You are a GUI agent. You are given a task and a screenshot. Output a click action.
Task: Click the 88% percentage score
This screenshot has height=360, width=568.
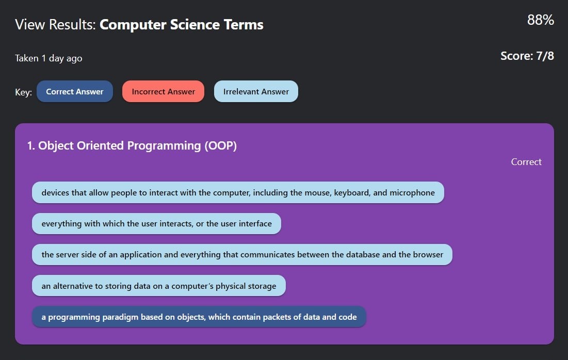541,20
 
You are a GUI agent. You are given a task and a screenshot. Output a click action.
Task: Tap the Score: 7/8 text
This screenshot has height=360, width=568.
527,56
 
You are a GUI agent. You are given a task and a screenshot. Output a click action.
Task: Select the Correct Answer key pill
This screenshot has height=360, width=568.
75,91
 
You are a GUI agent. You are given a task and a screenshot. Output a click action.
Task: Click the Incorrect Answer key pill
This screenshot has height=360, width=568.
164,91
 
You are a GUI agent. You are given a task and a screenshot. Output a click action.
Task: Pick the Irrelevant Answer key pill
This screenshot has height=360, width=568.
256,91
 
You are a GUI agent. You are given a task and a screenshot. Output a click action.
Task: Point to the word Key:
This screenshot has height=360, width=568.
24,92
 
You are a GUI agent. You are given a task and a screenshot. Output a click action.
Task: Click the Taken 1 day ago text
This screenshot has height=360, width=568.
48,58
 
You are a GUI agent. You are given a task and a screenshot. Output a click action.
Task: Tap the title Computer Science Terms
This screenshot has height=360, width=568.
182,25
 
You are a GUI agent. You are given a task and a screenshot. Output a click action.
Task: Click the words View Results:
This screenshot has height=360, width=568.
55,25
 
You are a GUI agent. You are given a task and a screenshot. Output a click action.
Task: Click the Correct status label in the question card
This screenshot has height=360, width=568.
526,162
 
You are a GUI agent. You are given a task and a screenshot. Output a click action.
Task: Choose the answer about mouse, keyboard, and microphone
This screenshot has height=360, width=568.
238,192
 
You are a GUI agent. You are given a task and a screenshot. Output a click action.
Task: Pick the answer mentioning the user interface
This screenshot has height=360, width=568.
156,223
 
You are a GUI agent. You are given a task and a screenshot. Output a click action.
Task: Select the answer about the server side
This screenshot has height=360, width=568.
242,255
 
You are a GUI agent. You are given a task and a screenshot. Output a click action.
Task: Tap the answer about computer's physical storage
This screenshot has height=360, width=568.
159,286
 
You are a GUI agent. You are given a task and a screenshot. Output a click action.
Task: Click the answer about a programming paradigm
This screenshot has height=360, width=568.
199,317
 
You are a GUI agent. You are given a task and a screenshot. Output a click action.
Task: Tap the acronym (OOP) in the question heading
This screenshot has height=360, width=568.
221,145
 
